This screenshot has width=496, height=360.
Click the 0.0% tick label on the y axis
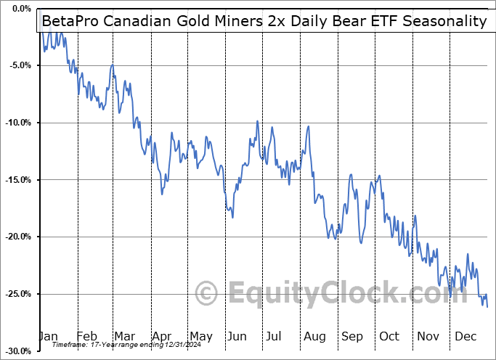click(x=15, y=9)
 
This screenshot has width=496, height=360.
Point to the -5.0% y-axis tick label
click(x=15, y=65)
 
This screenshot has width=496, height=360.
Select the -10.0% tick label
click(x=15, y=123)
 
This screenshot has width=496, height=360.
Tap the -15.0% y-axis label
click(x=15, y=180)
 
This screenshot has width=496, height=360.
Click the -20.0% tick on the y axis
click(x=15, y=237)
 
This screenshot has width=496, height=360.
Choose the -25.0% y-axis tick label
click(x=15, y=294)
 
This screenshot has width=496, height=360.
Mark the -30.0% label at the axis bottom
click(x=15, y=351)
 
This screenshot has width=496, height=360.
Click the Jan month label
click(x=48, y=336)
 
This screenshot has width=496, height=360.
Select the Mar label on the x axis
click(x=125, y=336)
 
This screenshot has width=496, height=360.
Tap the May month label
click(x=200, y=336)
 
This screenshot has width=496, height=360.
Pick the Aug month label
click(x=314, y=336)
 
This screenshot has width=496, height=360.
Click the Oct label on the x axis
click(x=390, y=336)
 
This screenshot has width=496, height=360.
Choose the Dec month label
click(x=466, y=336)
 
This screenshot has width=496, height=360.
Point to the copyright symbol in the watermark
click(x=208, y=294)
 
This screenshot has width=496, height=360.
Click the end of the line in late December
click(x=487, y=306)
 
